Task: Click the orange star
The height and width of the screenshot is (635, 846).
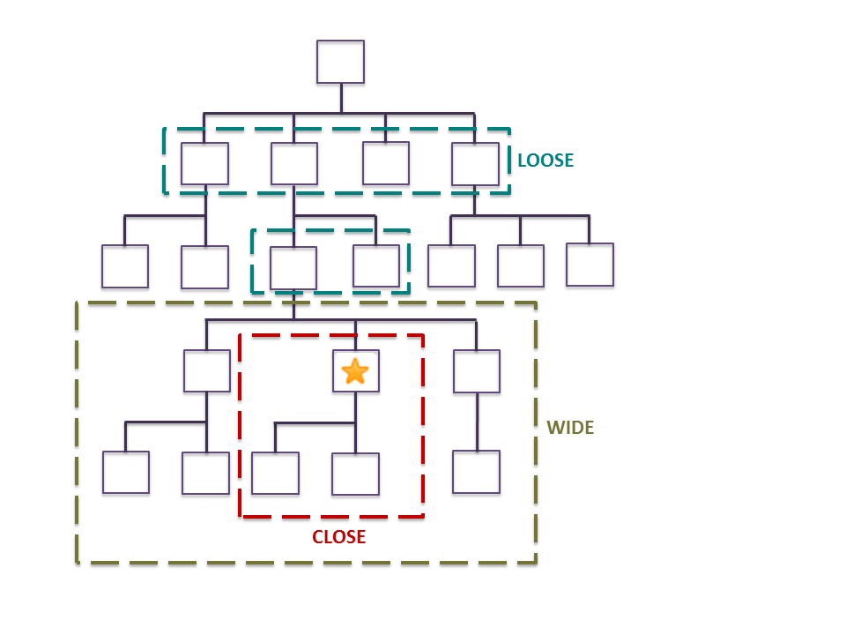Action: tap(354, 371)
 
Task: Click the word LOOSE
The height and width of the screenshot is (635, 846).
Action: tap(545, 161)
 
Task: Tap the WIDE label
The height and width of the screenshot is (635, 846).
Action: tap(570, 428)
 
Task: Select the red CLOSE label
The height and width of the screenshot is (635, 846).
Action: tap(339, 536)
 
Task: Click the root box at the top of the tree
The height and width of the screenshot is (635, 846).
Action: tap(341, 63)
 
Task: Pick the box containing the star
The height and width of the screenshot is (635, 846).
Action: tap(355, 371)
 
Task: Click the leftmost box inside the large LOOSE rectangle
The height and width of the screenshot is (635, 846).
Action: tap(204, 164)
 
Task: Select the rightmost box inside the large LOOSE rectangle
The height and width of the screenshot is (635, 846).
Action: tap(476, 164)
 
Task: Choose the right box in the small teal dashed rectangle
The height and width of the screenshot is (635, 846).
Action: tap(376, 266)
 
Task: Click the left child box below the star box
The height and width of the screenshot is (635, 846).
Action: tap(275, 474)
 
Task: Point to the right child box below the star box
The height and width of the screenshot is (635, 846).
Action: tap(356, 474)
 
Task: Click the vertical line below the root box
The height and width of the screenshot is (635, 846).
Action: tap(341, 99)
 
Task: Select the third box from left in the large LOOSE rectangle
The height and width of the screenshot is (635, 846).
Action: tap(386, 163)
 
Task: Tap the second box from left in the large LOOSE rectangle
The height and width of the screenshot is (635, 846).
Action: tap(294, 164)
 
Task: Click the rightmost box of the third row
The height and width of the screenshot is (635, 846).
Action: tap(590, 265)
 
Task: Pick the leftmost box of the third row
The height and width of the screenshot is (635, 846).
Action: tap(124, 266)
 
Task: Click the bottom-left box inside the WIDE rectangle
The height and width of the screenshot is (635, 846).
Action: tap(126, 473)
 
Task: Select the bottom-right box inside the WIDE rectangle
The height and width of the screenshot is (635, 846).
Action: tap(477, 472)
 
